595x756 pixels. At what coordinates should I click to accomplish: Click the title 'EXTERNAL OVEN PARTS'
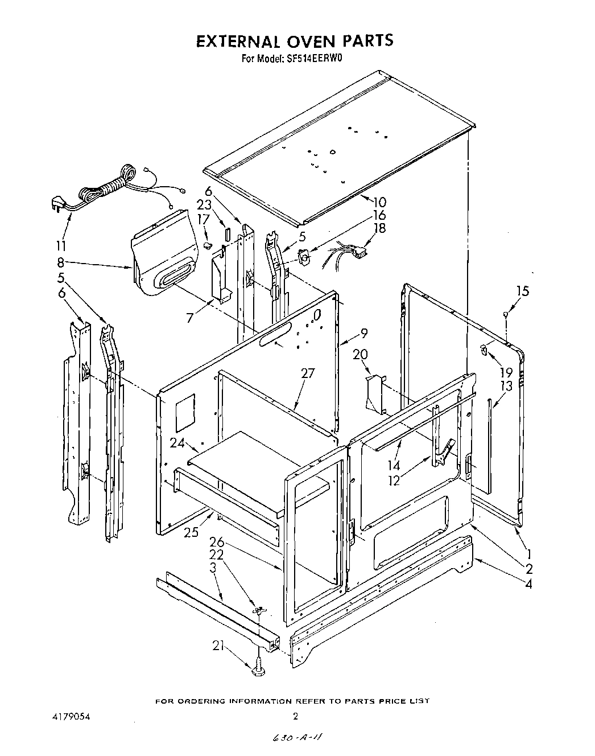[295, 41]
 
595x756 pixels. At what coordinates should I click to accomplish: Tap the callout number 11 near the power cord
[61, 246]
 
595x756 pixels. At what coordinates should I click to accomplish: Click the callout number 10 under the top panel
[379, 201]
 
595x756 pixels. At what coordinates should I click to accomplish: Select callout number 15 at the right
[522, 291]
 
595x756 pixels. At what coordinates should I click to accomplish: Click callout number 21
[218, 646]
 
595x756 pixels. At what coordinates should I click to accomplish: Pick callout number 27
[308, 373]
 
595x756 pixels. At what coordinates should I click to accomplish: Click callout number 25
[192, 532]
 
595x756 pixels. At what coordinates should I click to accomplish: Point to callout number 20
[360, 354]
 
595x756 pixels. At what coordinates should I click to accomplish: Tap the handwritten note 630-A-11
[296, 738]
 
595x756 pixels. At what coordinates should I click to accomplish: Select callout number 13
[506, 386]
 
